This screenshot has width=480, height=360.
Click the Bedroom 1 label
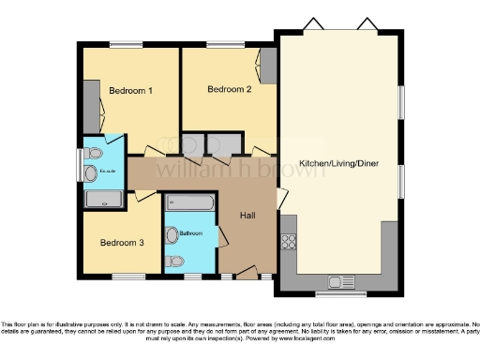click(x=130, y=91)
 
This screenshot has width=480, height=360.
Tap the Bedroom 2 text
click(x=229, y=90)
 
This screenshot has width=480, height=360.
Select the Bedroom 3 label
click(x=122, y=243)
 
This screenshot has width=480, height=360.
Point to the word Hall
click(x=248, y=216)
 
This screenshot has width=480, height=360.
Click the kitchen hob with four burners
click(x=289, y=242)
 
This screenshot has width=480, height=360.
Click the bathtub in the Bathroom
click(x=190, y=202)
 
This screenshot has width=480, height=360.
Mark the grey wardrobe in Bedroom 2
click(x=268, y=66)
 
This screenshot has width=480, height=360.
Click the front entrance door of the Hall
click(x=247, y=273)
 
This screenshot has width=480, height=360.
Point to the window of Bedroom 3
click(x=128, y=277)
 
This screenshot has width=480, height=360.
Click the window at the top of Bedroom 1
click(x=126, y=44)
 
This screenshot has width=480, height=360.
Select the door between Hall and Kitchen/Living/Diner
click(x=280, y=198)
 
